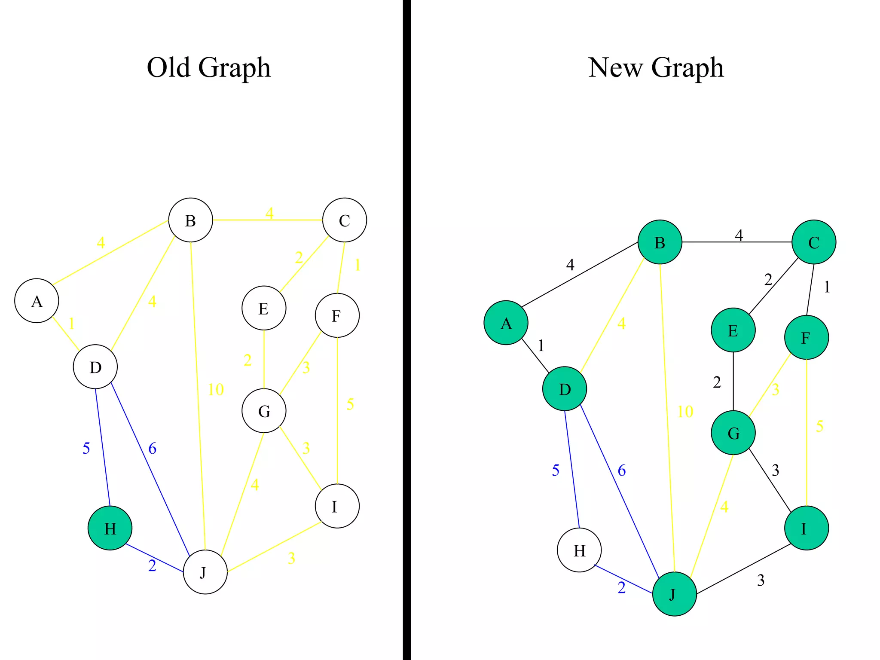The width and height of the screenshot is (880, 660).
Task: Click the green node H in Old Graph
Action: (110, 528)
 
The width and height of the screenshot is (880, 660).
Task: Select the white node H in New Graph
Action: (579, 550)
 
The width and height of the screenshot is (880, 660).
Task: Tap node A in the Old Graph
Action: (37, 301)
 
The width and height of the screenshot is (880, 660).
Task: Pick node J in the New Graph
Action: (674, 594)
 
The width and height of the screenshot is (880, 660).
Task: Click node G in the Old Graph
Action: (264, 411)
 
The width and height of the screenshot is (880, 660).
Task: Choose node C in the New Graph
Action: (814, 242)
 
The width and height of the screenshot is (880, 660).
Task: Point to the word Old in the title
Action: (168, 67)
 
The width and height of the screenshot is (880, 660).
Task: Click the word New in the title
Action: (615, 67)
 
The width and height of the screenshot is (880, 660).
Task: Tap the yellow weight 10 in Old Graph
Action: (216, 390)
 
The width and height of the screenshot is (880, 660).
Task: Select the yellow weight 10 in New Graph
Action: (685, 412)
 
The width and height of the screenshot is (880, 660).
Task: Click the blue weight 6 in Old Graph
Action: (153, 449)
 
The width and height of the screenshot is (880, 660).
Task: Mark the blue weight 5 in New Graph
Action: (556, 471)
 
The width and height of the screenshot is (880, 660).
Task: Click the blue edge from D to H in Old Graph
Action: (102, 447)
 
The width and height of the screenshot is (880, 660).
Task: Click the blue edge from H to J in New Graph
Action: (623, 578)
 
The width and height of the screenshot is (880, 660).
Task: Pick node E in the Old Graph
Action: (264, 308)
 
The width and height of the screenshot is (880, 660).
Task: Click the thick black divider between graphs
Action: (407, 330)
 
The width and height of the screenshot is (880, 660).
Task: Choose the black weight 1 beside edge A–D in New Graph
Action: (541, 345)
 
